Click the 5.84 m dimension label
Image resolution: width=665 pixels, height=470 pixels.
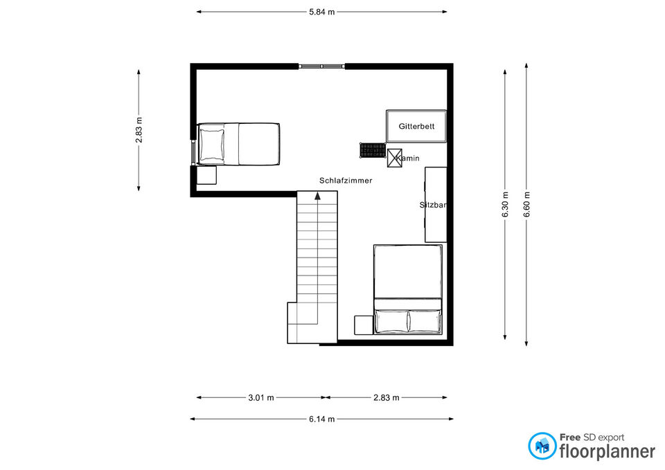tap(321, 12)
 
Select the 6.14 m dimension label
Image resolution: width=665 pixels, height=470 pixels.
tap(321, 419)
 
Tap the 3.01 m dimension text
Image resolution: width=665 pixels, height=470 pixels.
tap(261, 397)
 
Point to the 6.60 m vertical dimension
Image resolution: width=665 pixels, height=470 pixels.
tap(526, 204)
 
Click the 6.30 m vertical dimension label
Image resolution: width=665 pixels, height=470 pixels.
tap(505, 204)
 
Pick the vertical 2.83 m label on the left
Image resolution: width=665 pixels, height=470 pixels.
tap(139, 130)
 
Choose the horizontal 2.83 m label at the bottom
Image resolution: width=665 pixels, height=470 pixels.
tap(386, 397)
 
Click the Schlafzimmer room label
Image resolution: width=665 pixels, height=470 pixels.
tap(346, 181)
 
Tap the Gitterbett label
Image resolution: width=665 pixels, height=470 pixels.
tap(416, 126)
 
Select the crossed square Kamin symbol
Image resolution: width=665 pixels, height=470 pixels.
tap(394, 158)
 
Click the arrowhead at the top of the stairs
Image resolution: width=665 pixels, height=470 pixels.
tap(317, 195)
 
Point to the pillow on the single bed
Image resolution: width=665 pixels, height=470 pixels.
tap(212, 144)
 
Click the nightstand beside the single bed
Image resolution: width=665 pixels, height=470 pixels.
tap(206, 174)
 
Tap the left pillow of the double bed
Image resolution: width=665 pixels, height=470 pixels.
tap(391, 320)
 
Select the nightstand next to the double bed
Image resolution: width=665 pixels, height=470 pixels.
tap(364, 325)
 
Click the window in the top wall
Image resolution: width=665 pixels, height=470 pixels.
tap(321, 66)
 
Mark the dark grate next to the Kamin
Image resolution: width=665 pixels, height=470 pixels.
tap(373, 150)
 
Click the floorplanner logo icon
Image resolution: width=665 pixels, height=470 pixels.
tap(542, 446)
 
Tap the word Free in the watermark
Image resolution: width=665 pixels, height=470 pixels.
tap(569, 437)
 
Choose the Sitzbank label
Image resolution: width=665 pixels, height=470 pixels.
tap(433, 205)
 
